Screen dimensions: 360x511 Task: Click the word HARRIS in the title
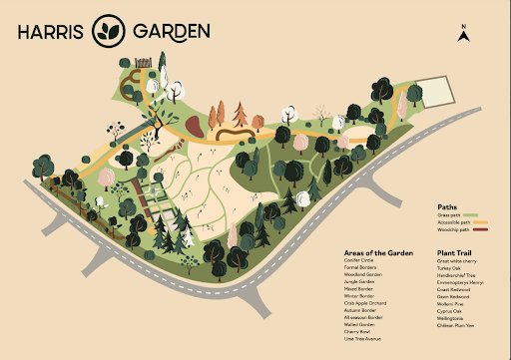[51, 31]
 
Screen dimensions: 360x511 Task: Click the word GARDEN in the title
[171, 31]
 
